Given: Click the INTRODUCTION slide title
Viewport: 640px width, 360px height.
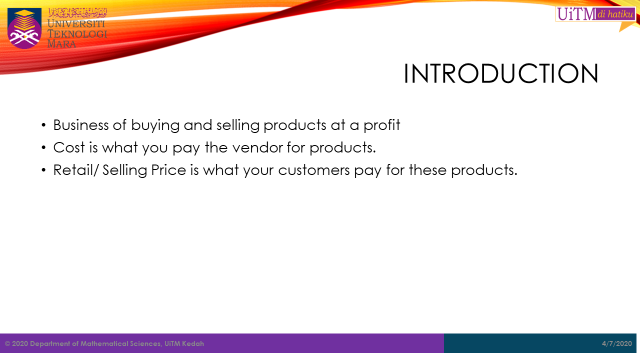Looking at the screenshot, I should point(501,74).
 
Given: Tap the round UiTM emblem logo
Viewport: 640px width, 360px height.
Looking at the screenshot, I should point(24,28).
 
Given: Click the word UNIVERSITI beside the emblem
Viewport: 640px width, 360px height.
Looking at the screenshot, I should point(76,24).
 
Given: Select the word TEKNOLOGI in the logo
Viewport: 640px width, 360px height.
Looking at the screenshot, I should point(77,34).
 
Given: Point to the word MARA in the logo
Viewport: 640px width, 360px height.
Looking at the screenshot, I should point(62,44).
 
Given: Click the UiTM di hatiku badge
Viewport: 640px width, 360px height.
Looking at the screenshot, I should point(595,14).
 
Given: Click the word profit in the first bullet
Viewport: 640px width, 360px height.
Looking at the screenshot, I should point(382,125).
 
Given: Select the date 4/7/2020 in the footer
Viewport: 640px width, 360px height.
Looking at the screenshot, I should point(617,343).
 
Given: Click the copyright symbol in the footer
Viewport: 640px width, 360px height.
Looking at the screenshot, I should point(7,344).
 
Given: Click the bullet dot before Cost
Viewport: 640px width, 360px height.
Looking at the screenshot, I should point(44,148).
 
